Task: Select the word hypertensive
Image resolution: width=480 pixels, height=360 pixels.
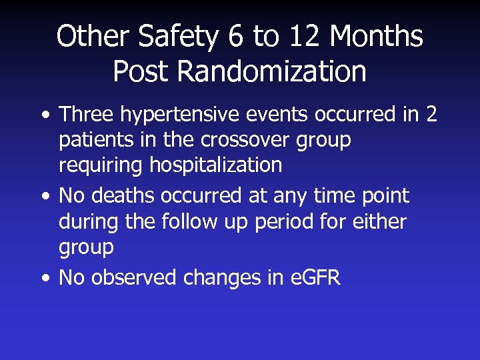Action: pyautogui.click(x=169, y=115)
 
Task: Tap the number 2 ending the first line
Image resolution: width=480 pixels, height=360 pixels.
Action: pyautogui.click(x=431, y=115)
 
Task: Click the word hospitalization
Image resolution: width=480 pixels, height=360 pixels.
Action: pyautogui.click(x=215, y=165)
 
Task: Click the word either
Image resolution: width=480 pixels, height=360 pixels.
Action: pyautogui.click(x=377, y=221)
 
